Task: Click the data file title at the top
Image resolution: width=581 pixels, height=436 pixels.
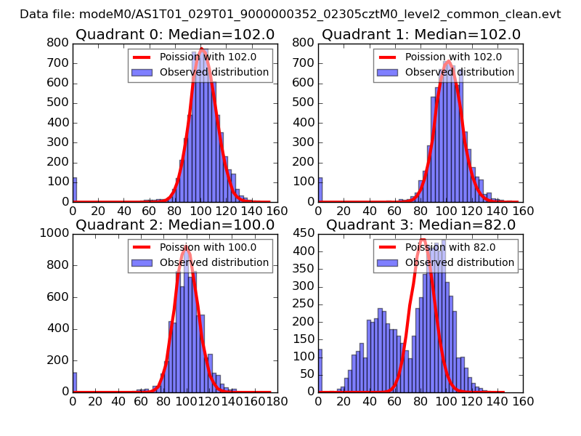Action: (290, 14)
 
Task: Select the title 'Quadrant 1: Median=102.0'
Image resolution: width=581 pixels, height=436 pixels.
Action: (421, 34)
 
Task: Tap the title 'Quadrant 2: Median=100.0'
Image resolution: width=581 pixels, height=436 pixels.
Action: (175, 225)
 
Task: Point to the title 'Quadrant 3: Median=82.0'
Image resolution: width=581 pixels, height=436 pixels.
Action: (421, 225)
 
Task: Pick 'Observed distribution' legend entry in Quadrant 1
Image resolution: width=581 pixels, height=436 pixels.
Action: (459, 72)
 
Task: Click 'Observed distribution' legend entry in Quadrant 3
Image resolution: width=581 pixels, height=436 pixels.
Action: (459, 262)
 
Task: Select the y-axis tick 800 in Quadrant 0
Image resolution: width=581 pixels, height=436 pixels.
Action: (58, 44)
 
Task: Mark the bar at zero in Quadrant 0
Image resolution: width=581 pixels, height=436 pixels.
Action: (75, 190)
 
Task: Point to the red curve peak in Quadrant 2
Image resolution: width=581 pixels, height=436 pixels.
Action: (187, 248)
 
